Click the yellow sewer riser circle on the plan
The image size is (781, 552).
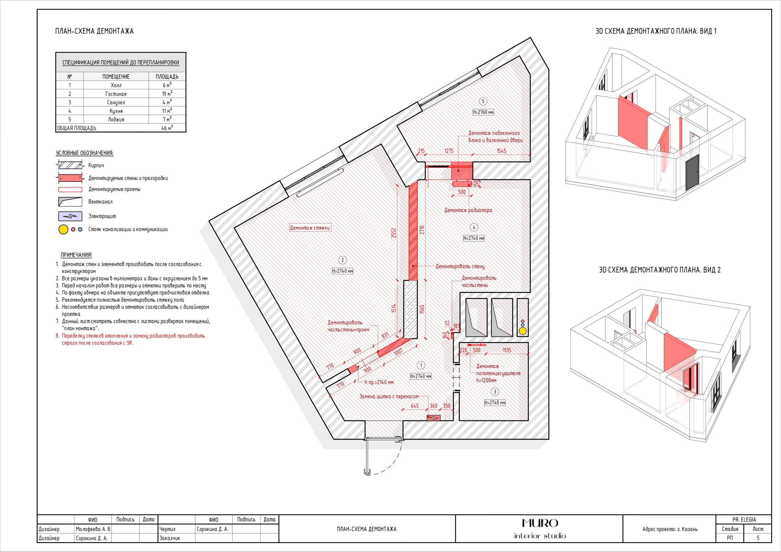click(523, 330)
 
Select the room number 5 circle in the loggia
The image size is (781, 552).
click(483, 101)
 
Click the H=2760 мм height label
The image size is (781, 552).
click(483, 112)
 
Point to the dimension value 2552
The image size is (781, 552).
click(394, 233)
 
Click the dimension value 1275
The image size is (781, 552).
click(449, 151)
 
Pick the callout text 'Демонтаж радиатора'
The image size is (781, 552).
click(468, 210)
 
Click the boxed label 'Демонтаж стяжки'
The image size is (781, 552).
click(310, 228)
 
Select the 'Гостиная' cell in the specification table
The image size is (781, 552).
click(116, 94)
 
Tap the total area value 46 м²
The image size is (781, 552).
click(167, 128)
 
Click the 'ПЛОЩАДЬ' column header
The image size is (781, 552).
click(167, 77)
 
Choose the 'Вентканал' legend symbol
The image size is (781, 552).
click(70, 201)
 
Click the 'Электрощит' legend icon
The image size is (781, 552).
click(70, 216)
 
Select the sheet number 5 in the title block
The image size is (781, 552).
click(758, 538)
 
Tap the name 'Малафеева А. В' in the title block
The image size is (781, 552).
click(93, 529)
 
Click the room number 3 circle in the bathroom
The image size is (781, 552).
click(495, 392)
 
